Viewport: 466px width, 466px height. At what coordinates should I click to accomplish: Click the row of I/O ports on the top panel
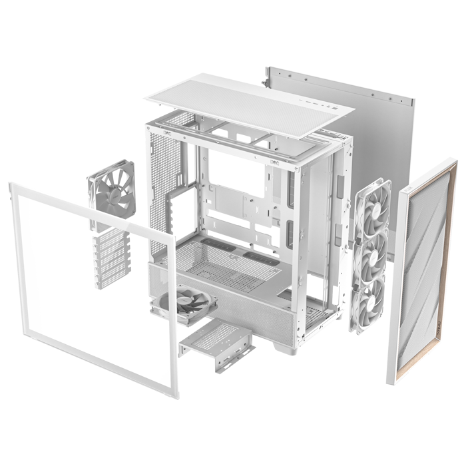tap(318, 104)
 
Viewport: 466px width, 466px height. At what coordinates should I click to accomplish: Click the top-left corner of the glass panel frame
tap(11, 186)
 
